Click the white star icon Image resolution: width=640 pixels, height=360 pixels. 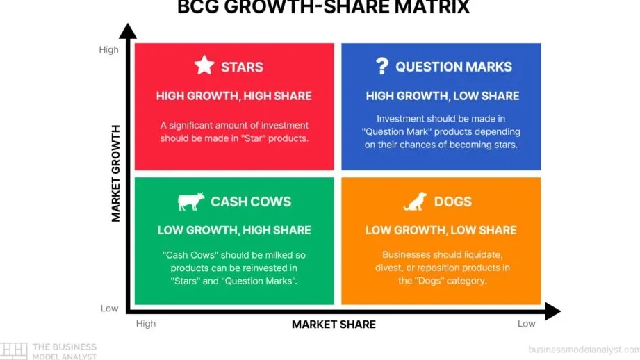coord(204,65)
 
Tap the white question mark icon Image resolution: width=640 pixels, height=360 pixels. coord(382,66)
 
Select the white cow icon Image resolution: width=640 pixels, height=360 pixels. coord(191,202)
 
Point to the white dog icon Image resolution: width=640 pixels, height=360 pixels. coord(415,202)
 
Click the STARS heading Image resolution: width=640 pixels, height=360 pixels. coord(242,67)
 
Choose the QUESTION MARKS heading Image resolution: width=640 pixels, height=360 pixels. coord(454,67)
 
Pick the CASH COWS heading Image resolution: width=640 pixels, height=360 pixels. coord(251,202)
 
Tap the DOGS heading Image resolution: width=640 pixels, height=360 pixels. coord(452,202)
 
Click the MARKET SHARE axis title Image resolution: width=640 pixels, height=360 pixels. coord(334,325)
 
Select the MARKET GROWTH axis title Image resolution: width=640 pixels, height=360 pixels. coord(116,174)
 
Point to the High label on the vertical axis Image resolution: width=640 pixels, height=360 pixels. coord(108,50)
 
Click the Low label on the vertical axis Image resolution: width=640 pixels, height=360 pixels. coord(109,309)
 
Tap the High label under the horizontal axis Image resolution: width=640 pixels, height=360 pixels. coord(146,324)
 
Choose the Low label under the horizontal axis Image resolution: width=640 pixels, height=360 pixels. coord(526,324)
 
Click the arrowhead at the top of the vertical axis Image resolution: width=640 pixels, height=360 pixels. coord(128,31)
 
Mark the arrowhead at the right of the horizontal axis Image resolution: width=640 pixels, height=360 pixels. coord(553,311)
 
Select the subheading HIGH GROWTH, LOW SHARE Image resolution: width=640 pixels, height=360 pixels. coord(443,96)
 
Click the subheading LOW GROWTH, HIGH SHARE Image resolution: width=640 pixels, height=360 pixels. coord(234,230)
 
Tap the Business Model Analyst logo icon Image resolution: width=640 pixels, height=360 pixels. coord(13,351)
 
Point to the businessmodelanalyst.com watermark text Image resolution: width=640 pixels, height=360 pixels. coord(584,350)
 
